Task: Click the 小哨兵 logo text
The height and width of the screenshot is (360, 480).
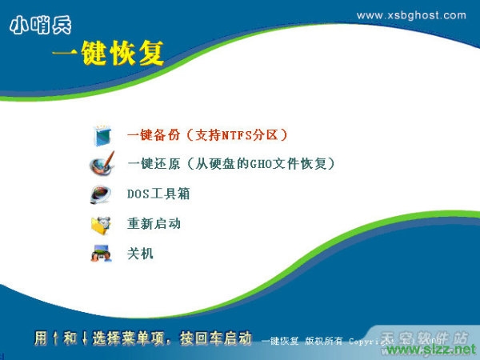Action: [41, 26]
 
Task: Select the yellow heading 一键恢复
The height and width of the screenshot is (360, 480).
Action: [107, 54]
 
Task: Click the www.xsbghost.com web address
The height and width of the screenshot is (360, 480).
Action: [410, 15]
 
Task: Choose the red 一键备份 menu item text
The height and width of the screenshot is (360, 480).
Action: [153, 134]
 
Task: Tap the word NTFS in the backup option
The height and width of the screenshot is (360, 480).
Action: [238, 134]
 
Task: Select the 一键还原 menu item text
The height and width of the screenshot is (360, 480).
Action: [153, 164]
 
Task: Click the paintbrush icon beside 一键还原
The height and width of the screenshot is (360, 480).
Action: [102, 165]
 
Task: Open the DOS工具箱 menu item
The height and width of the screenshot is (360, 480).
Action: [158, 194]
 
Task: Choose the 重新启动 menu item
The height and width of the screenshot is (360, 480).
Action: [154, 224]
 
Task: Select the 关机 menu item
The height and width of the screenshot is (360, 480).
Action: [140, 254]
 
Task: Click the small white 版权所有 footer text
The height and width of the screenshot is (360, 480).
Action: [323, 342]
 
